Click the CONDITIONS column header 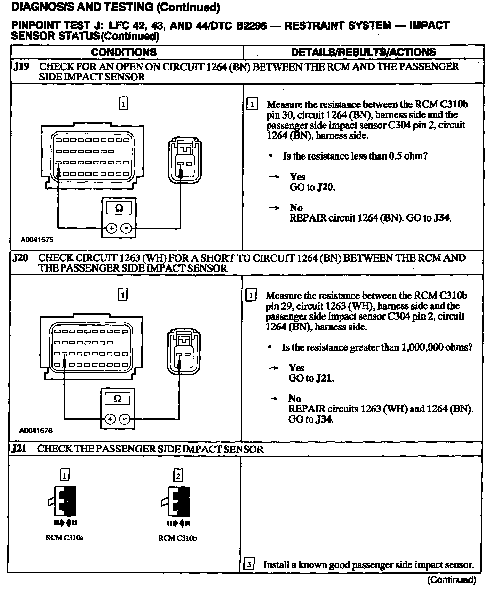(x=124, y=52)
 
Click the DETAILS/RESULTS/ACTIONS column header (x=363, y=52)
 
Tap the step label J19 (x=21, y=67)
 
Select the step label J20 (x=20, y=258)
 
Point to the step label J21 (x=19, y=449)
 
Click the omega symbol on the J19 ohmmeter (x=119, y=208)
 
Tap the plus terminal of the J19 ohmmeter (x=111, y=228)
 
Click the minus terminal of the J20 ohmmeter (x=125, y=419)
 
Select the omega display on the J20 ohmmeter (x=118, y=399)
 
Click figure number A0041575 (x=37, y=240)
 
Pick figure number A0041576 (x=36, y=431)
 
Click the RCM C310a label (x=64, y=538)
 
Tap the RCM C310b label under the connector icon (x=177, y=538)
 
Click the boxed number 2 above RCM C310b (x=178, y=475)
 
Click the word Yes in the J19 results (x=297, y=177)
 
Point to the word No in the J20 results (x=295, y=398)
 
